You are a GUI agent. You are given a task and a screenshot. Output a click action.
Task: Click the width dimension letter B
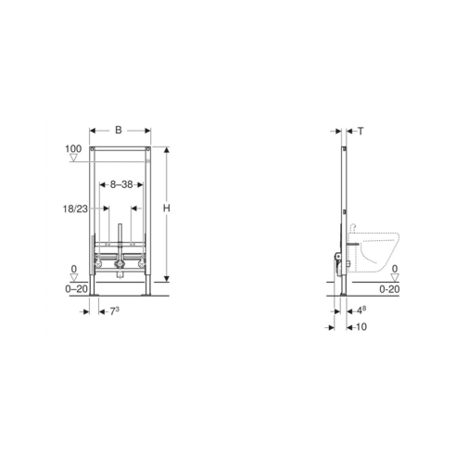pyautogui.click(x=119, y=130)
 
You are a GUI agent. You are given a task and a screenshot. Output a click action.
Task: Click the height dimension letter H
pyautogui.click(x=167, y=209)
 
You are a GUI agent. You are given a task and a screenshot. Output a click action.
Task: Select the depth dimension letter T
pyautogui.click(x=360, y=132)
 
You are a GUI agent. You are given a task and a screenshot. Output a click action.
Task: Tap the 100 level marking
pyautogui.click(x=73, y=149)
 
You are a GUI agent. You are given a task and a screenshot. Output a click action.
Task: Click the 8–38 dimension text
pyautogui.click(x=121, y=184)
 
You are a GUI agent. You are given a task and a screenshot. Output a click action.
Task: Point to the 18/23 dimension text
pyautogui.click(x=75, y=209)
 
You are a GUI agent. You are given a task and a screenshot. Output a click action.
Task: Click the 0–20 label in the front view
pyautogui.click(x=76, y=289)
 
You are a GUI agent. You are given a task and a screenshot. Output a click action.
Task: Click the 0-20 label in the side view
pyautogui.click(x=389, y=289)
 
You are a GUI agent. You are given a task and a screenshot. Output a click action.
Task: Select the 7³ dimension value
pyautogui.click(x=115, y=311)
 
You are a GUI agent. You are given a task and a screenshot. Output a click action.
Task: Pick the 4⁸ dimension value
pyautogui.click(x=361, y=310)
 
